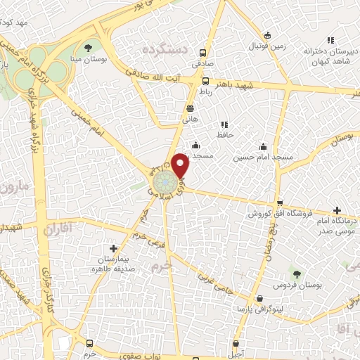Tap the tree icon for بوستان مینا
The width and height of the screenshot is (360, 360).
pos(88,48)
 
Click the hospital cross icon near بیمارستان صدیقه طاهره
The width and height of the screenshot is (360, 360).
pos(114,248)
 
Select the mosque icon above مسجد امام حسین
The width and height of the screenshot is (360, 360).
pos(262,146)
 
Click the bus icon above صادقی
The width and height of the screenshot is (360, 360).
pos(202,52)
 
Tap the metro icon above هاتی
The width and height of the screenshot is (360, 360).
pos(190,108)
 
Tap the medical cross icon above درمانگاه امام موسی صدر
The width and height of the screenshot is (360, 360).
pos(338,210)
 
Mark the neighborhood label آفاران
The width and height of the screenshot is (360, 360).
pos(58,229)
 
